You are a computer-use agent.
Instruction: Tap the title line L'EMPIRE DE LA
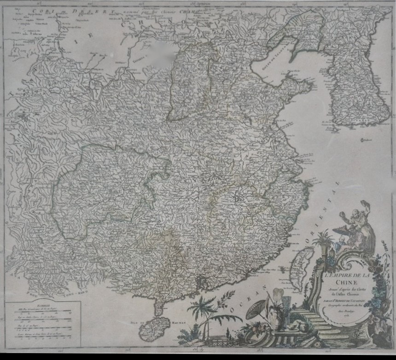pyautogui.click(x=339, y=275)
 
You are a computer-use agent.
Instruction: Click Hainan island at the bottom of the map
pyautogui.click(x=154, y=328)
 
